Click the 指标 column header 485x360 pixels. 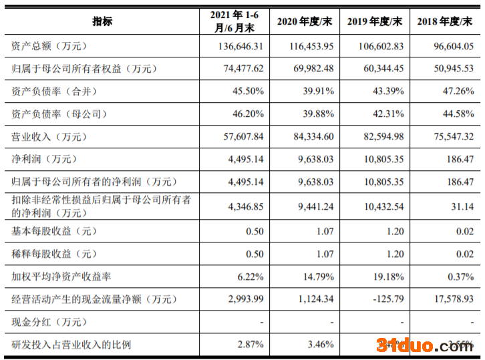(102, 21)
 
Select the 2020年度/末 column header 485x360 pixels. (304, 22)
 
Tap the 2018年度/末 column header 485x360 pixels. (444, 22)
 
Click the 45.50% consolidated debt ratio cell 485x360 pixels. (248, 91)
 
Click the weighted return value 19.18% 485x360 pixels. (387, 276)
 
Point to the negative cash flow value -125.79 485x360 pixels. (387, 299)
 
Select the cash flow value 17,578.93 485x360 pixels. (451, 299)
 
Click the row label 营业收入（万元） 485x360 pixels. (49, 137)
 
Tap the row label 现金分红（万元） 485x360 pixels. (49, 322)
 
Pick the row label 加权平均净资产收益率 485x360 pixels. (61, 276)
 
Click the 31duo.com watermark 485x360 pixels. (425, 345)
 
